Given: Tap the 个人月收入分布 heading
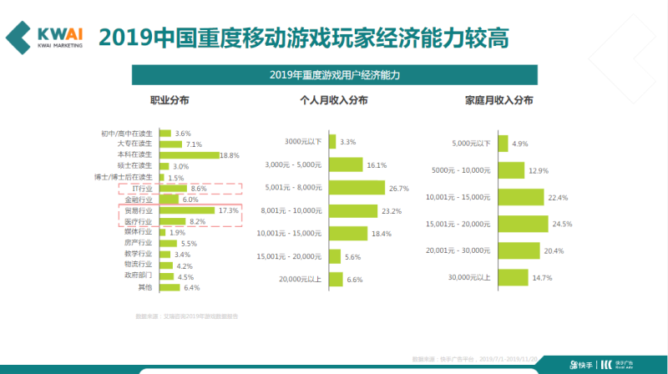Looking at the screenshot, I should point(334,100).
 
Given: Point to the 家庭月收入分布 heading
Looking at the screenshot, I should point(499,100).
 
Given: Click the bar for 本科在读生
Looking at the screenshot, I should point(189,155).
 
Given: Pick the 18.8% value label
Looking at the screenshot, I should point(230,155).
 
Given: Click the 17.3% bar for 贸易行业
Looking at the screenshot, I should point(186,210).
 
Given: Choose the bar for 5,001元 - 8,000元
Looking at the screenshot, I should point(357,188).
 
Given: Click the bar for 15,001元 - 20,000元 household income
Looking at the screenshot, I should point(523,224).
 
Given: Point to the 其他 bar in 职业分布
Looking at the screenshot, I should point(170,287).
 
